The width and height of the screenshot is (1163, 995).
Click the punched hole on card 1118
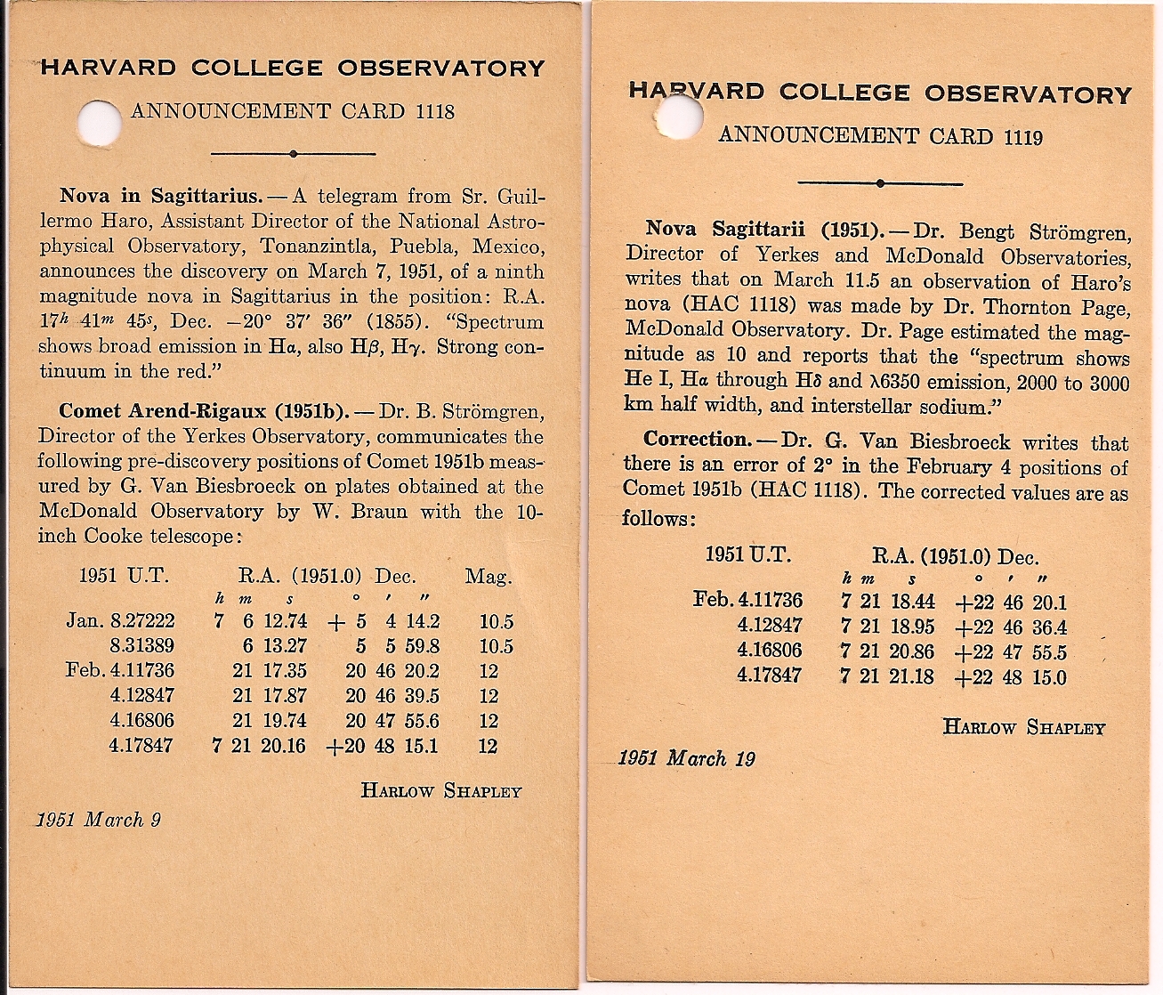[99, 118]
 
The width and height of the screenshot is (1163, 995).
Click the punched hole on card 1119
[681, 117]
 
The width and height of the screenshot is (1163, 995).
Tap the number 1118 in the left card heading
[434, 111]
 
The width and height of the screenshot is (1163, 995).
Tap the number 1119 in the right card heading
[1022, 136]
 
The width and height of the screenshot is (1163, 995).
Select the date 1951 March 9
[99, 819]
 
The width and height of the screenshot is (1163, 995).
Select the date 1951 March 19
[686, 758]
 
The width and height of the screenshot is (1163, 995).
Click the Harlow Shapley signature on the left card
[440, 790]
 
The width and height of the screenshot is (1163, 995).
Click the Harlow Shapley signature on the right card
[1023, 727]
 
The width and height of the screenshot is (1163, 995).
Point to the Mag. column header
[489, 576]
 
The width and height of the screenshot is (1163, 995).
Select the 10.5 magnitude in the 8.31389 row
[496, 646]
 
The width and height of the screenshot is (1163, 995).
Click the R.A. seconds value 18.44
[911, 602]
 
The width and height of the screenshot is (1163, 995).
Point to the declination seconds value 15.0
[1048, 677]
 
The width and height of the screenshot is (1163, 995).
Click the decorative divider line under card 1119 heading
[879, 183]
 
